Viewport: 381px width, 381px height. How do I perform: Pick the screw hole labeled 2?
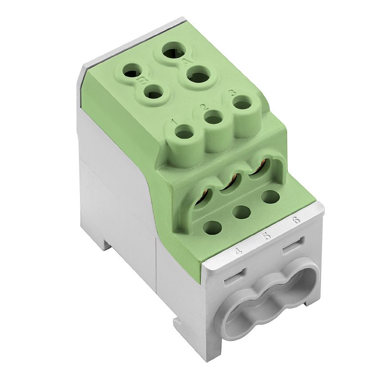(212, 117)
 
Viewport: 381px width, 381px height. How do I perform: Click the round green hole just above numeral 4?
(213, 227)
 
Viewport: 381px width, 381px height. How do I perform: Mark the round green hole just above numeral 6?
(271, 196)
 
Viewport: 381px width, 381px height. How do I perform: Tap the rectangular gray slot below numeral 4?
(235, 275)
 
